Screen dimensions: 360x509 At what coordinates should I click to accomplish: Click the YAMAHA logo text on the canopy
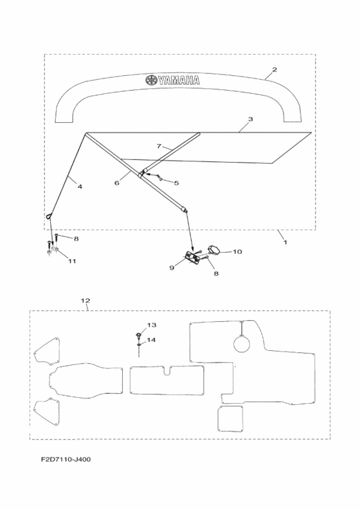point(179,80)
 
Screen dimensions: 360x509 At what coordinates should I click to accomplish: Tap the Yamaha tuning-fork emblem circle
point(151,80)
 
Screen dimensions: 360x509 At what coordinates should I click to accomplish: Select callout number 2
point(274,69)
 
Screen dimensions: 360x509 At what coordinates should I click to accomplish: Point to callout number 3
point(250,119)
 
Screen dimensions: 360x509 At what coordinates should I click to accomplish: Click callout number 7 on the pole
point(159,147)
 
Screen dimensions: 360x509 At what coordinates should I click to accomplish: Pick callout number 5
point(176,183)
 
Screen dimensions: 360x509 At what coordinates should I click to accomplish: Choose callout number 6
point(117,183)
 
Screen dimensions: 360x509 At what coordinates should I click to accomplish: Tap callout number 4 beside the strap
point(80,186)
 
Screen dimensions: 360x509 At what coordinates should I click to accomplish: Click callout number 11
point(72,261)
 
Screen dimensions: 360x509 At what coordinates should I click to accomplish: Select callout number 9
point(172,268)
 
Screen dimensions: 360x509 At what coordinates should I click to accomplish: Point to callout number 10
point(238,251)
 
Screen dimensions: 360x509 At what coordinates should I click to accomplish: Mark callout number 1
point(285,242)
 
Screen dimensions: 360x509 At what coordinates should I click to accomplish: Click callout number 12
point(85,301)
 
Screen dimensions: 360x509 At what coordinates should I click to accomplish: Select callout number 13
point(152,325)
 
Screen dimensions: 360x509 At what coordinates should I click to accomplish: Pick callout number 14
point(152,340)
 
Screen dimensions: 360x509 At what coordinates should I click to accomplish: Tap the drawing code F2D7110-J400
point(66,460)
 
